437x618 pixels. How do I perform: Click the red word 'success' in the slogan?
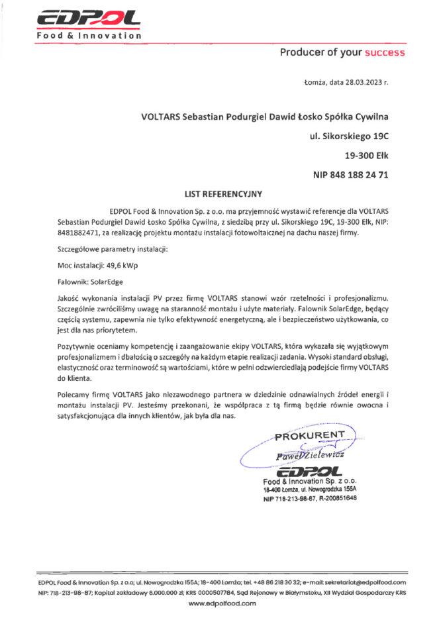coord(384,52)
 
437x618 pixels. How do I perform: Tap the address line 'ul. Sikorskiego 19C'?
coord(349,136)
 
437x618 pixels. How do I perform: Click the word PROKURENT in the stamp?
coord(310,435)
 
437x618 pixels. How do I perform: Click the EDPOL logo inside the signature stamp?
coord(309,471)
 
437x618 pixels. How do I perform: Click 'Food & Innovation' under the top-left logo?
coord(88,35)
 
